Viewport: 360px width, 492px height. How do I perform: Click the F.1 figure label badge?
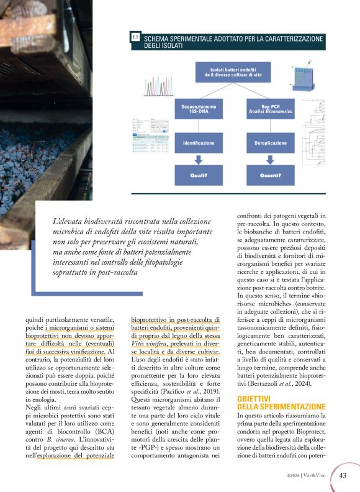(135, 39)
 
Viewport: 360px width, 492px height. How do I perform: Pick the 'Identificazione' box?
(198, 143)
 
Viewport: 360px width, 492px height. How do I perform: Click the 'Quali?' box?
(198, 175)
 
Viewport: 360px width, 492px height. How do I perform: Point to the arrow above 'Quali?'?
(198, 160)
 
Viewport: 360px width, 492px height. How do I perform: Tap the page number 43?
(343, 476)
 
